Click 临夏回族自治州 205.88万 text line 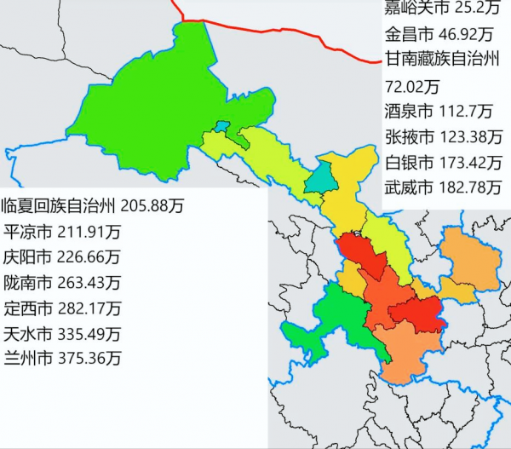click(x=93, y=205)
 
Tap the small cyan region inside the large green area click(x=221, y=127)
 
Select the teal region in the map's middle click(x=322, y=176)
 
